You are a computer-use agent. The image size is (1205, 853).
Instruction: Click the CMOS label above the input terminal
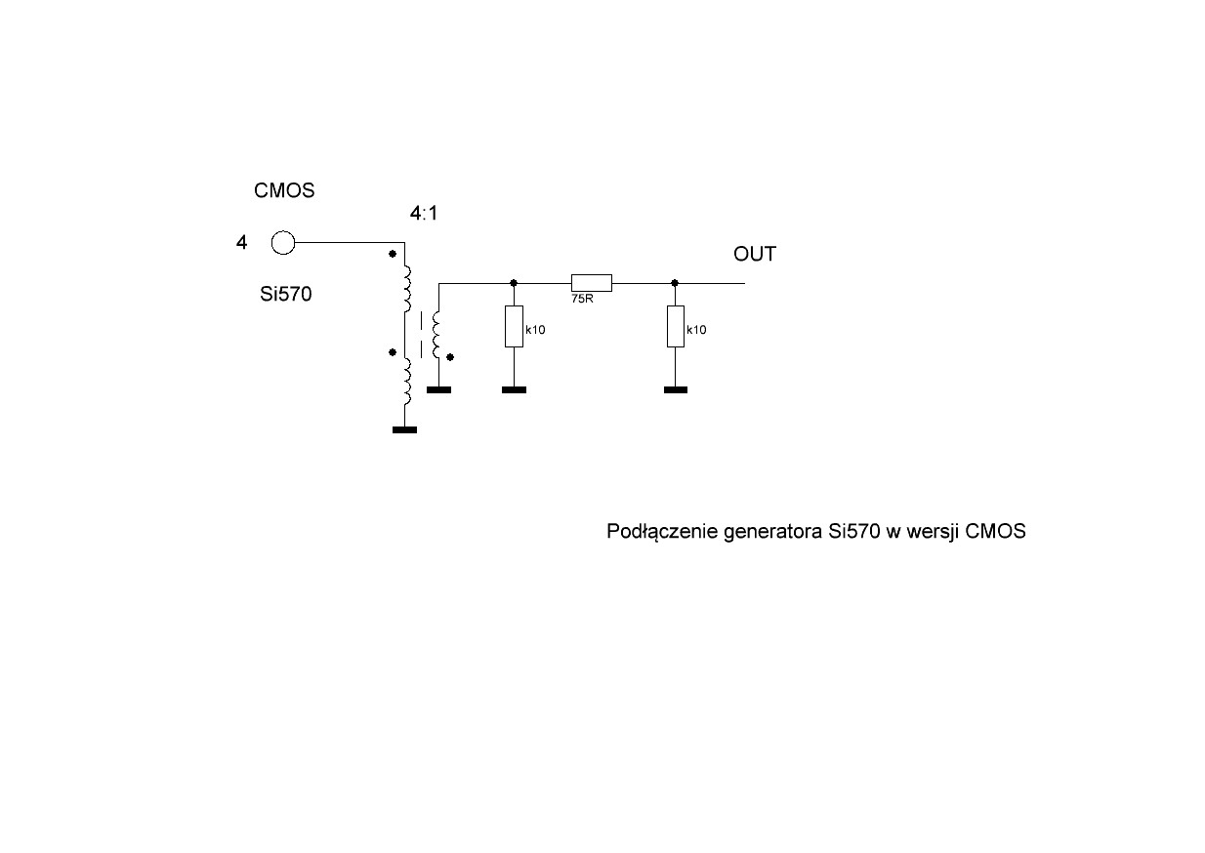pos(284,191)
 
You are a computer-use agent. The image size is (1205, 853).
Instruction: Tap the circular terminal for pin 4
pos(283,242)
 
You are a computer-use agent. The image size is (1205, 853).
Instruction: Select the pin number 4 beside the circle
pos(241,242)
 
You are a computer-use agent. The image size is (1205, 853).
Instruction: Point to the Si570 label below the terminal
pos(286,293)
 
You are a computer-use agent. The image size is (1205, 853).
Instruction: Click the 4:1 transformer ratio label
pos(425,213)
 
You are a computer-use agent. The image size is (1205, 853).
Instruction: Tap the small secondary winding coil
pos(438,336)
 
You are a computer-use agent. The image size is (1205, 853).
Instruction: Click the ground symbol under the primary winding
pos(403,428)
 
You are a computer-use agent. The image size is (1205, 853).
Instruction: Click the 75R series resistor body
pos(592,283)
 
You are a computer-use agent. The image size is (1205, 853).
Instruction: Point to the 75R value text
pos(582,300)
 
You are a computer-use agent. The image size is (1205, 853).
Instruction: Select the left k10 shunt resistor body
pos(514,326)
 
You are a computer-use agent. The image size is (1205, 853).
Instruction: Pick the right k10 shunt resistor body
pos(675,326)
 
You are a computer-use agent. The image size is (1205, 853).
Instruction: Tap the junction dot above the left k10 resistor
pos(514,283)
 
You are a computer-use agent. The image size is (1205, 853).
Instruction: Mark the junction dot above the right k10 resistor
pos(675,283)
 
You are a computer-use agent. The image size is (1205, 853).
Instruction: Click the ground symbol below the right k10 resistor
pos(675,389)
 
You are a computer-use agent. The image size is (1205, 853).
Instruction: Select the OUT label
pos(755,255)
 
